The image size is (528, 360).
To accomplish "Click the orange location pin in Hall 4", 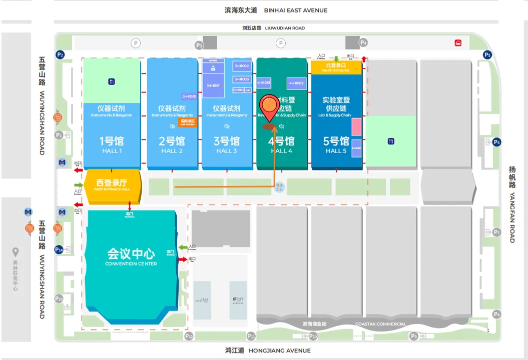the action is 270,106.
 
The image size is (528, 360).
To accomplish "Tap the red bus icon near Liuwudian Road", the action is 458,43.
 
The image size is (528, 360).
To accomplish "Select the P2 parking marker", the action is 61,54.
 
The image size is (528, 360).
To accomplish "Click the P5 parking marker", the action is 487,54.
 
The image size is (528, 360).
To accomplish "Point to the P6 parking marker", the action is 496,142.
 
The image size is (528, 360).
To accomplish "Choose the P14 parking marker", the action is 59,249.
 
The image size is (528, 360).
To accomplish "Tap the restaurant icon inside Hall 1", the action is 111,81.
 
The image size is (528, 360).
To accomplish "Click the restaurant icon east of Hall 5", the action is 391,141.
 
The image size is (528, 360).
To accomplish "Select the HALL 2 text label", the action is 172,151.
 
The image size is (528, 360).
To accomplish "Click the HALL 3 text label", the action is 227,151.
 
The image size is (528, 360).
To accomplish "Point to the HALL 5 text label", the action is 336,151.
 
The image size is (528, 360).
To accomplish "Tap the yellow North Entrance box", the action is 336,67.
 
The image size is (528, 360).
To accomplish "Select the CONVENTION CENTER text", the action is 131,264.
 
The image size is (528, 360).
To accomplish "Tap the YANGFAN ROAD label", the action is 512,218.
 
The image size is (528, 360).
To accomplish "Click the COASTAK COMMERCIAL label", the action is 380,324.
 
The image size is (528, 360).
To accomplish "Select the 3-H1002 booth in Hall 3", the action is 242,66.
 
